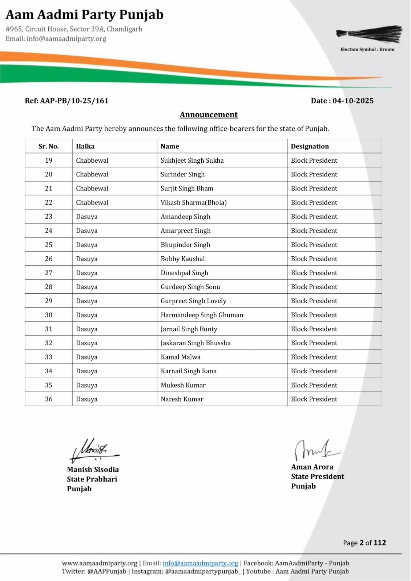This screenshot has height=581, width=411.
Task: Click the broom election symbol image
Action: pyautogui.click(x=369, y=34)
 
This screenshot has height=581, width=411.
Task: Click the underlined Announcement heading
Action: pyautogui.click(x=209, y=115)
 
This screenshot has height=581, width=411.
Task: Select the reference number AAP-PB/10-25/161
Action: pyautogui.click(x=67, y=101)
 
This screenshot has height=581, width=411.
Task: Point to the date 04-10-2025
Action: pyautogui.click(x=353, y=101)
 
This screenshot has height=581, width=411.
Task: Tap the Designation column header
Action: pyautogui.click(x=310, y=146)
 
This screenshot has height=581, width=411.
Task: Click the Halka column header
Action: pyautogui.click(x=85, y=146)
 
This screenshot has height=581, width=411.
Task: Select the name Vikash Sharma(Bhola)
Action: pyautogui.click(x=194, y=203)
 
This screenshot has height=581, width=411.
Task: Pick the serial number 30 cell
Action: pyautogui.click(x=49, y=315)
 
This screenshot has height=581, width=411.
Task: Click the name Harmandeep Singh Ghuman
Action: pyautogui.click(x=202, y=315)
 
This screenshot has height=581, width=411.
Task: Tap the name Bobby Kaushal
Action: pyautogui.click(x=183, y=259)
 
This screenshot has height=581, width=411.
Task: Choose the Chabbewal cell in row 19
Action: pyautogui.click(x=92, y=161)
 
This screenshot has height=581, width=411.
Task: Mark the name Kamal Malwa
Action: pyautogui.click(x=181, y=357)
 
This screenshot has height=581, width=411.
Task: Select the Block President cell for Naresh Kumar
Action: pyautogui.click(x=314, y=399)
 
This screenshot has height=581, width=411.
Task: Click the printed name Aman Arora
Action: pyautogui.click(x=312, y=467)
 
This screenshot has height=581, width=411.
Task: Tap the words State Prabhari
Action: pyautogui.click(x=92, y=479)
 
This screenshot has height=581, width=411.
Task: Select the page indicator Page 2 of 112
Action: pyautogui.click(x=364, y=543)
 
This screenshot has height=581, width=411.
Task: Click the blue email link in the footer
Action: pyautogui.click(x=200, y=563)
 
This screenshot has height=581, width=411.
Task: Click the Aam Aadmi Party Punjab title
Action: pyautogui.click(x=85, y=15)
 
